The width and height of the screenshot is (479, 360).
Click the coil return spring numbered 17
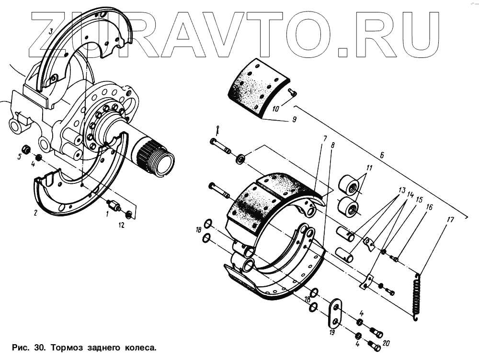point(418,296)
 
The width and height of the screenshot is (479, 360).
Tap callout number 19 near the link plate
point(331,331)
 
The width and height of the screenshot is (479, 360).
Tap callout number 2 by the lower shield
point(35,214)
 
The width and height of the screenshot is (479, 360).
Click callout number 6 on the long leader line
point(381,155)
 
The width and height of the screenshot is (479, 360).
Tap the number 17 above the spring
point(449,220)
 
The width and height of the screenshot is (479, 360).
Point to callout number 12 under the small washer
point(121,225)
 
